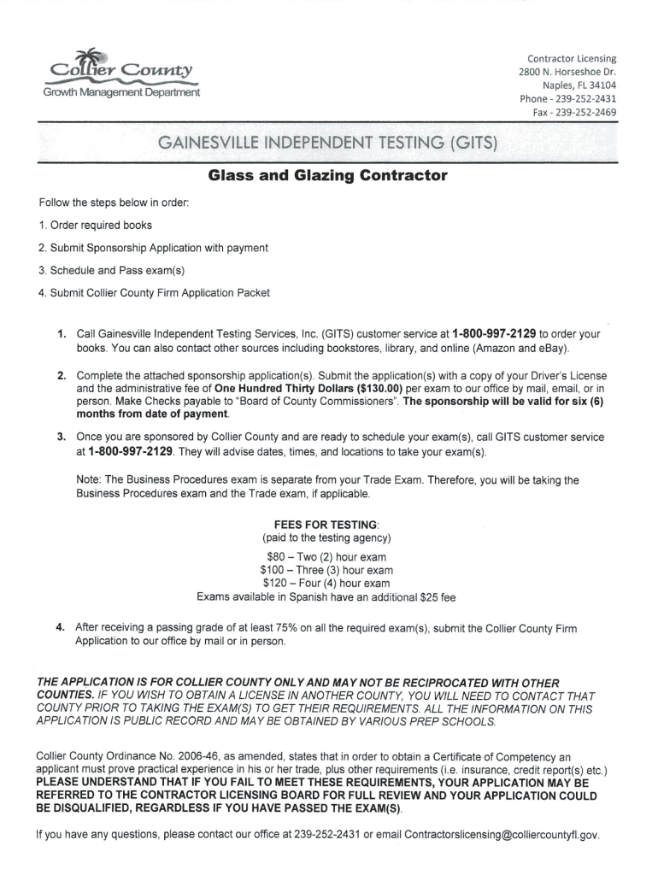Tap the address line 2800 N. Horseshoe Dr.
(567, 72)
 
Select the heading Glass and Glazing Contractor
(328, 177)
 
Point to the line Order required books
(96, 226)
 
